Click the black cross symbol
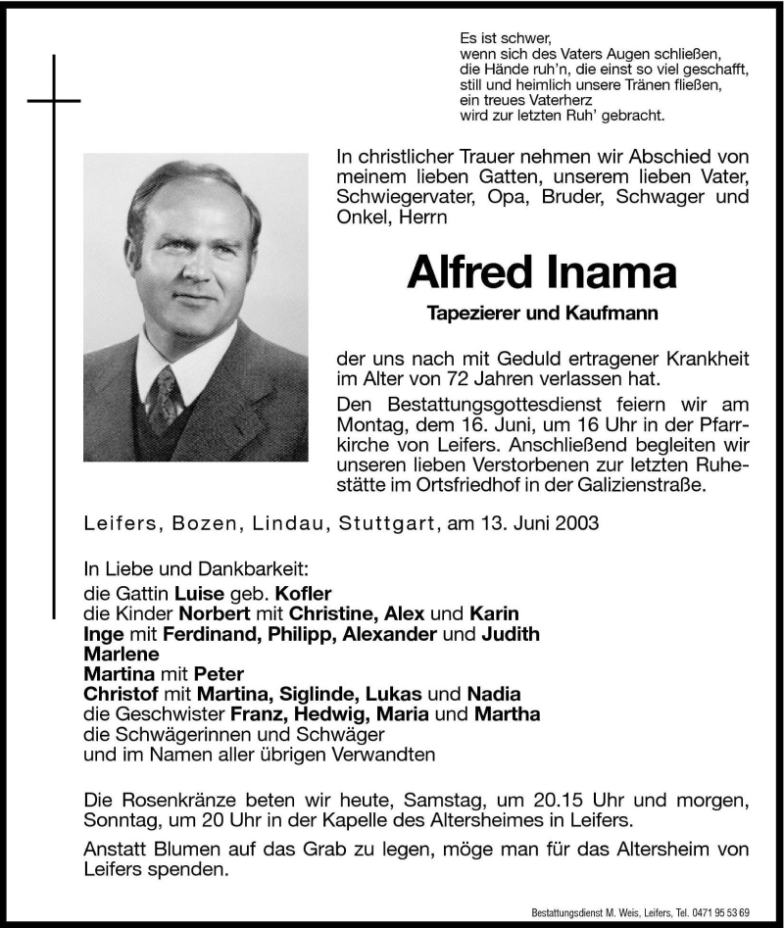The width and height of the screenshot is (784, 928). (54, 100)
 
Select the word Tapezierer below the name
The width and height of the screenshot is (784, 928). (468, 313)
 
